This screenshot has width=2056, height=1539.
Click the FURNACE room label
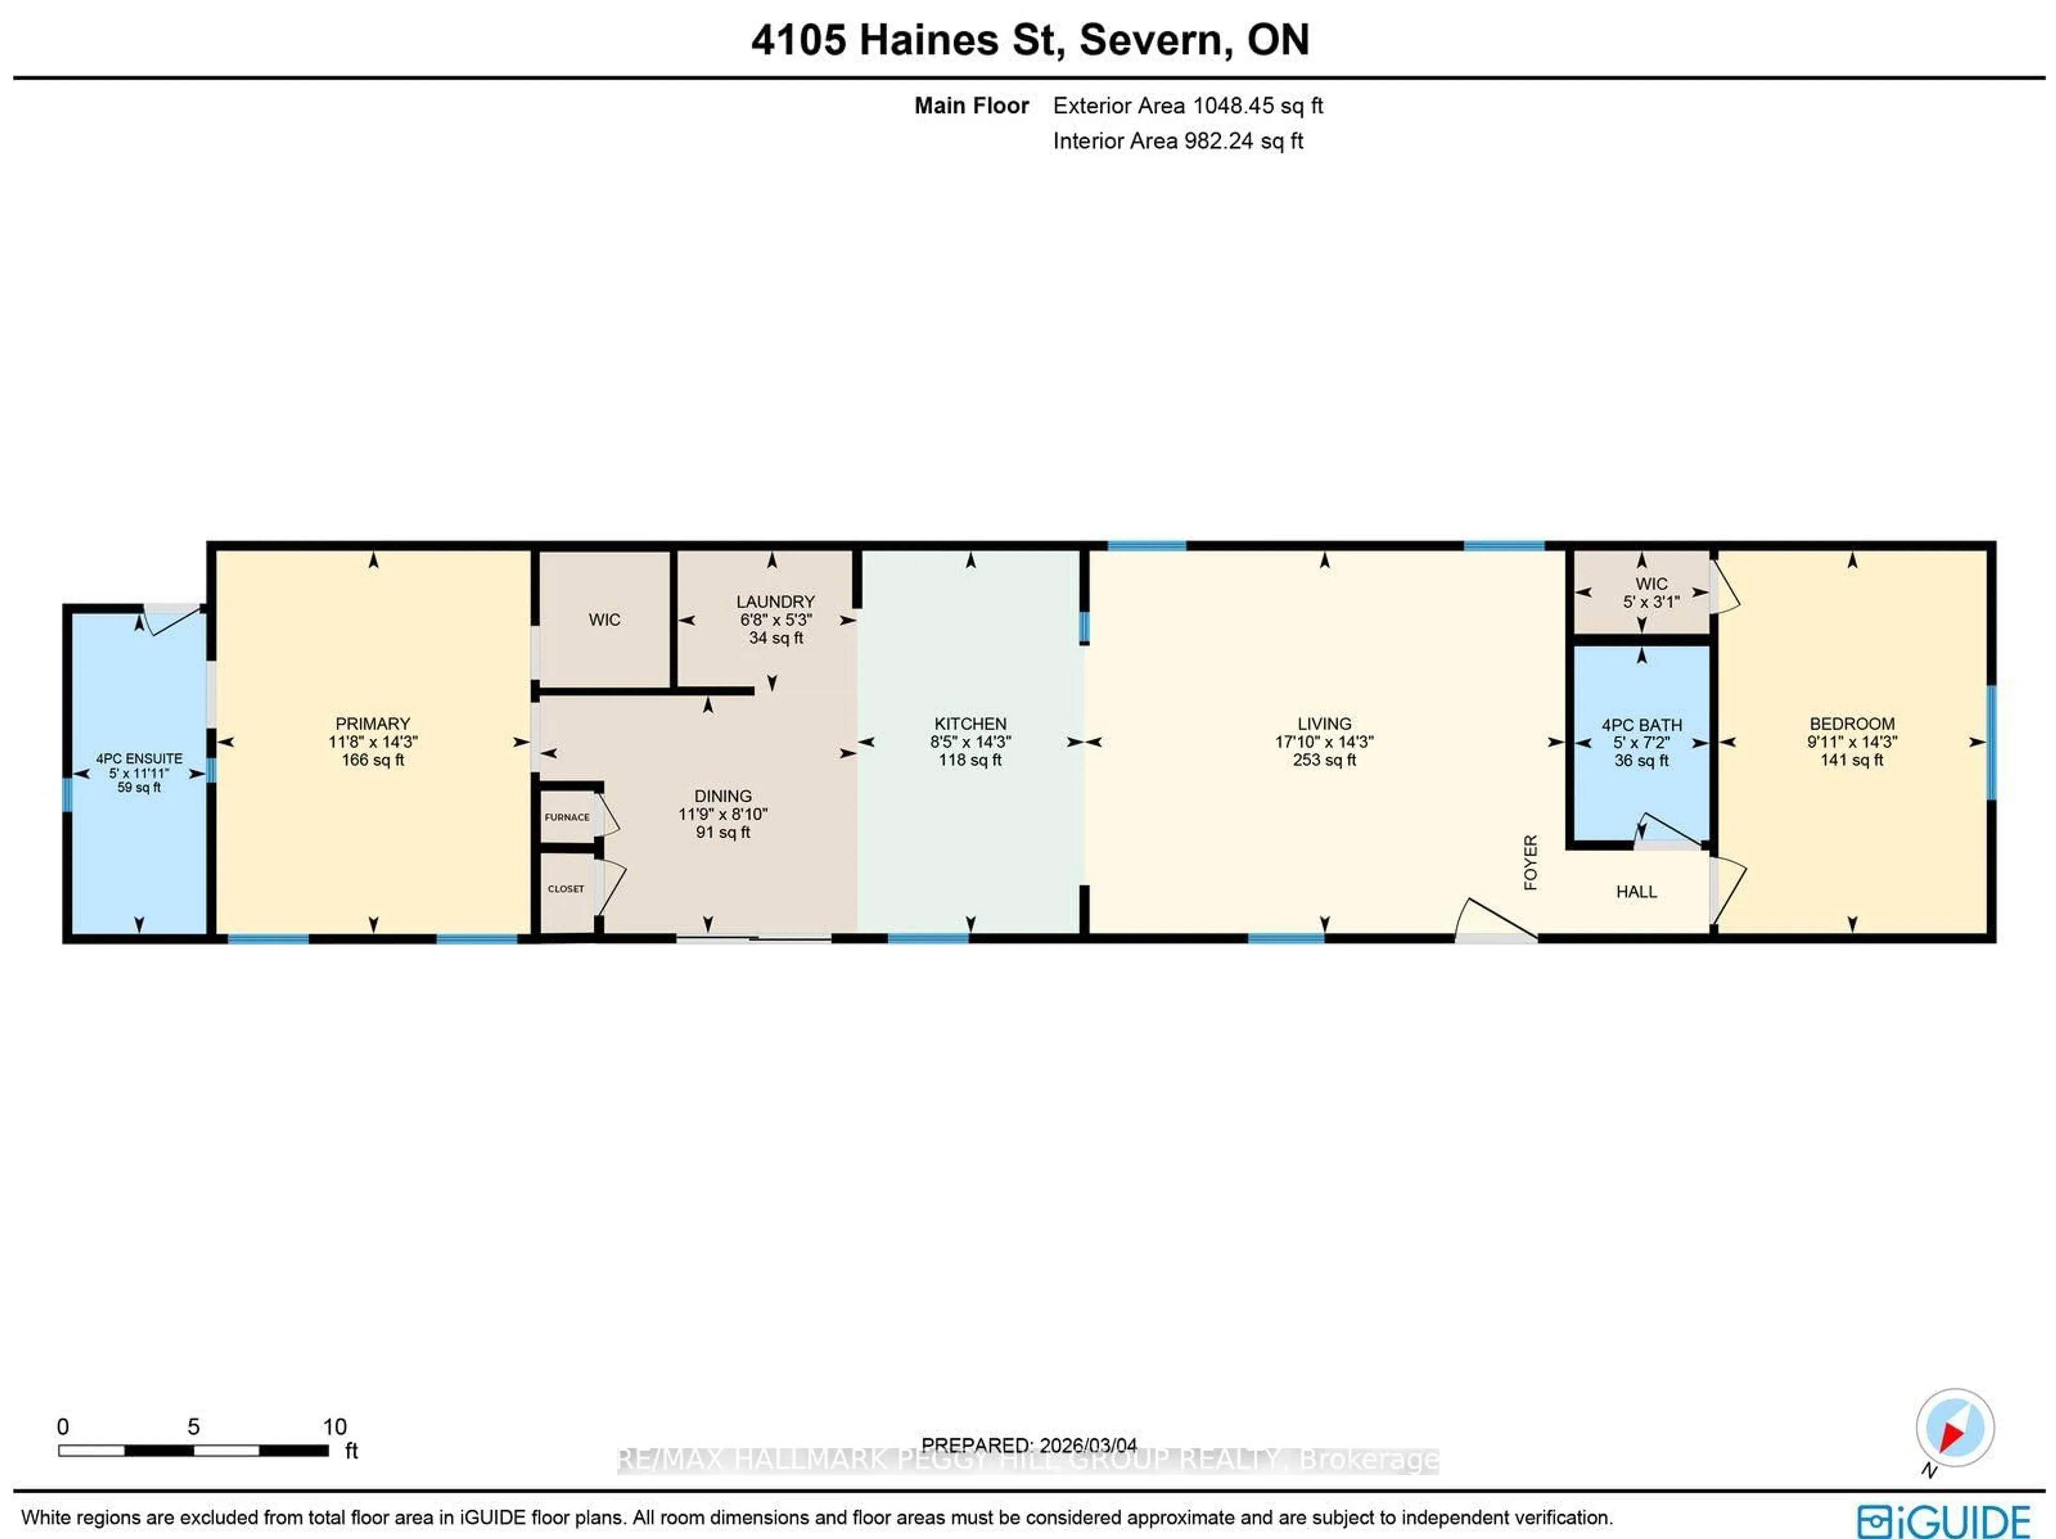pyautogui.click(x=567, y=817)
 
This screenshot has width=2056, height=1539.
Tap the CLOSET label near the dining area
pyautogui.click(x=566, y=889)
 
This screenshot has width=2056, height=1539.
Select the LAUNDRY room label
pyautogui.click(x=775, y=601)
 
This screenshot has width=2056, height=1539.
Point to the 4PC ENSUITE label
pyautogui.click(x=139, y=759)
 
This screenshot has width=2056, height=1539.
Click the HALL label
pyautogui.click(x=1636, y=891)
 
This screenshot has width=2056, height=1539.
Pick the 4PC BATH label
pyautogui.click(x=1642, y=725)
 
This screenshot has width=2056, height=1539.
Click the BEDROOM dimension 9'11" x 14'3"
pyautogui.click(x=1851, y=741)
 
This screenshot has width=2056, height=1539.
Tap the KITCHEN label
pyautogui.click(x=970, y=723)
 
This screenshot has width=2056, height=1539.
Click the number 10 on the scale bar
pyautogui.click(x=335, y=1427)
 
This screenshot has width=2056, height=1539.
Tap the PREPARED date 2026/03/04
pyautogui.click(x=1087, y=1445)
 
